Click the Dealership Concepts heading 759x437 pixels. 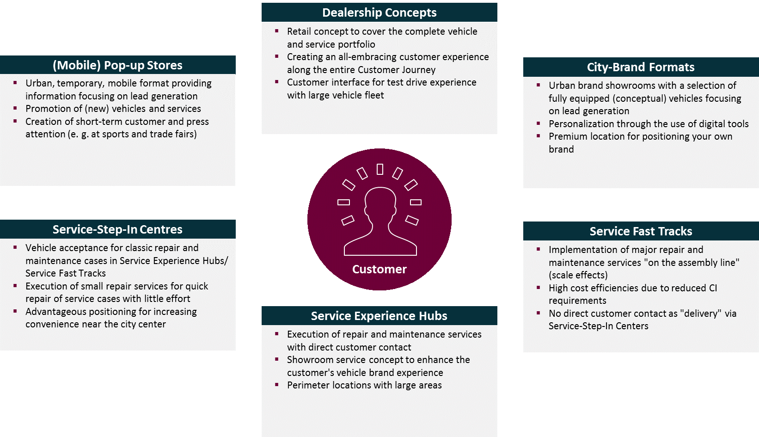(x=379, y=12)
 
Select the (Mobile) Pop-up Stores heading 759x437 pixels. (x=117, y=65)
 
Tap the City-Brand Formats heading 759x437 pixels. (x=641, y=67)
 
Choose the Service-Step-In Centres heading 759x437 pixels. (x=117, y=229)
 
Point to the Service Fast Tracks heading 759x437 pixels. (x=641, y=231)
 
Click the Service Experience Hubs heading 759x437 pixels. (x=379, y=316)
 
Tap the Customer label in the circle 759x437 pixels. (x=379, y=269)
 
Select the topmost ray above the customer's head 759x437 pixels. (x=380, y=169)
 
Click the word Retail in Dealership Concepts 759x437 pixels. (x=299, y=31)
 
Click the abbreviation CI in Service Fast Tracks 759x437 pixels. (x=713, y=288)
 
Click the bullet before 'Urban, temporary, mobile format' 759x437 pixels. (x=15, y=83)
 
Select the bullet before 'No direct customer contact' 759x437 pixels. (x=539, y=313)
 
